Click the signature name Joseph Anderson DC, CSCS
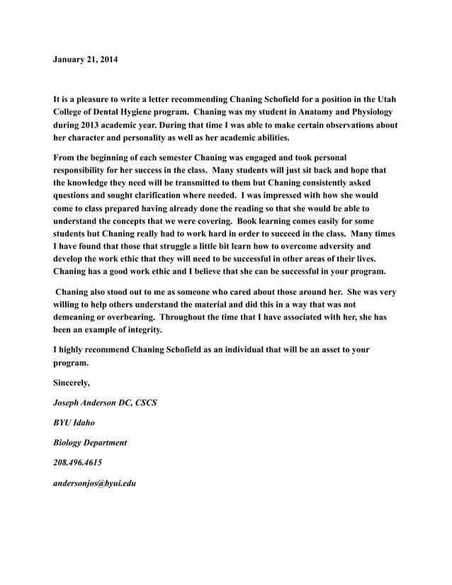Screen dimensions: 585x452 (x=106, y=403)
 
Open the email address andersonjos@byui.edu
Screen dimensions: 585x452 (x=95, y=483)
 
